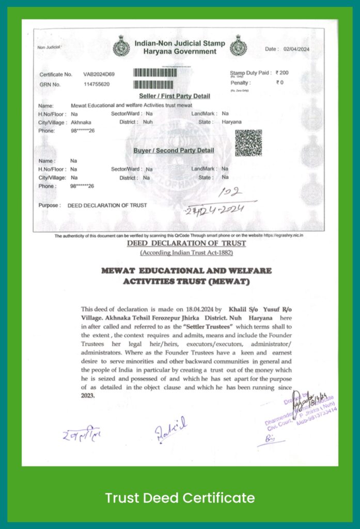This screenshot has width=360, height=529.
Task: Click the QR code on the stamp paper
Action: click(x=248, y=143)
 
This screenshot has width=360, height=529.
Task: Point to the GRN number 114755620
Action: click(x=97, y=84)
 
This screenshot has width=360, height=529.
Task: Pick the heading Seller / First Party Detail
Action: click(x=175, y=96)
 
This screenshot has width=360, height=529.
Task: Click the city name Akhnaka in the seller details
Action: click(x=81, y=122)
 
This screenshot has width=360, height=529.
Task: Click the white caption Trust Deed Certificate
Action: click(x=180, y=498)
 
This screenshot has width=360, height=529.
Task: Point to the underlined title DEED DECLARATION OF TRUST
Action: click(x=186, y=243)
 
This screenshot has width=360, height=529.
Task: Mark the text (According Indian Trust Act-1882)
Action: click(x=186, y=253)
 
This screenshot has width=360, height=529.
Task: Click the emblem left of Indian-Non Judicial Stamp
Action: click(x=120, y=46)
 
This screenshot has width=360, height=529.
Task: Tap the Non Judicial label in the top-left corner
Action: click(x=49, y=48)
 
